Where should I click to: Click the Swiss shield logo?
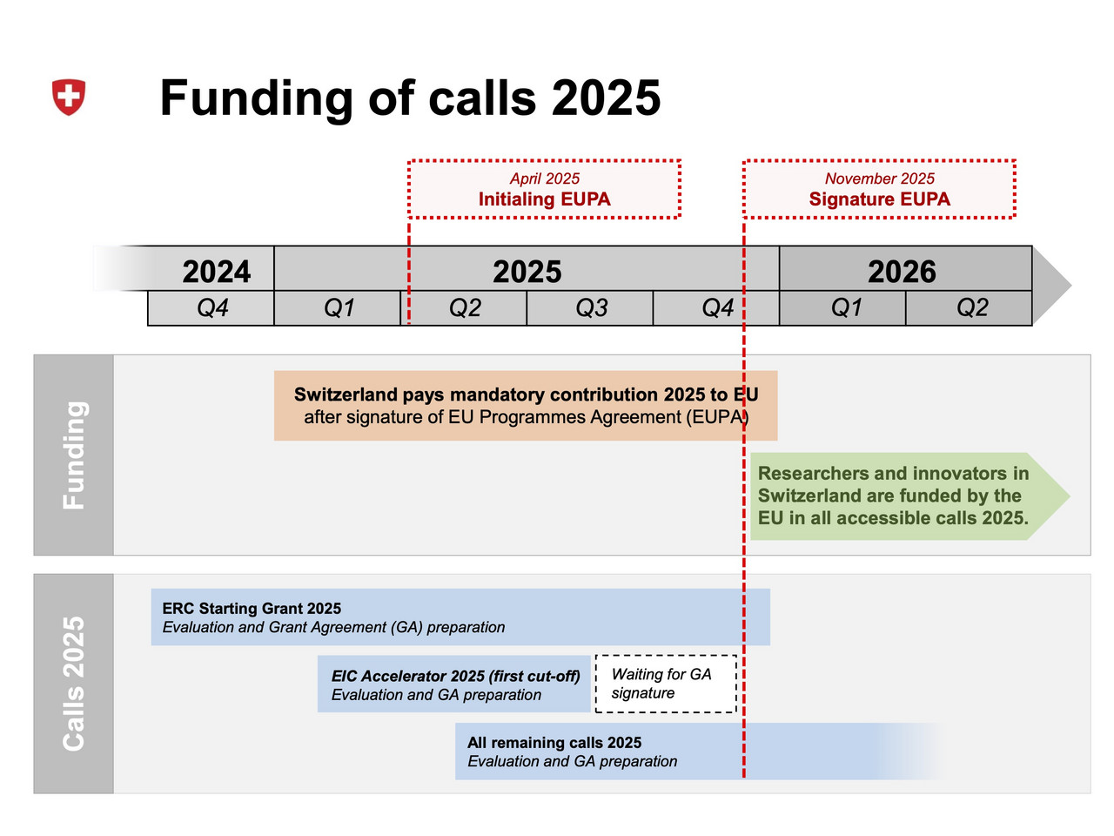click(69, 97)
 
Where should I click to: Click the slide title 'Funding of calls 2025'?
click(410, 98)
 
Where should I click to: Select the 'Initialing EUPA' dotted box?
click(544, 189)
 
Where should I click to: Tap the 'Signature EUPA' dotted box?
click(879, 189)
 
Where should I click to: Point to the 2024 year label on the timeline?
click(216, 271)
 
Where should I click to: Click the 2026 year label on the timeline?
click(902, 271)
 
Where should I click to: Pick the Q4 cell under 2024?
click(211, 308)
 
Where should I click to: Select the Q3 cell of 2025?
click(590, 308)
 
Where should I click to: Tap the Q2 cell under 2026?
click(969, 308)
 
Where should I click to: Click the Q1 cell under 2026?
click(842, 308)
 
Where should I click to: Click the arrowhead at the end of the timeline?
click(1051, 286)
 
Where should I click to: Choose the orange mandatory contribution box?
click(526, 406)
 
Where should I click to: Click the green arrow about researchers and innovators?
click(910, 496)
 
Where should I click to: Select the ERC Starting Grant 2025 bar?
click(460, 617)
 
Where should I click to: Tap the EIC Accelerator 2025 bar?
click(454, 684)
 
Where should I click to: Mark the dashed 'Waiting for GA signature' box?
click(666, 684)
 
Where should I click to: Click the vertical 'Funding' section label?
click(74, 455)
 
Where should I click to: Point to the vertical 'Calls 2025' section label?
click(74, 684)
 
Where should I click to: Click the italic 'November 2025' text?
click(879, 179)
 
